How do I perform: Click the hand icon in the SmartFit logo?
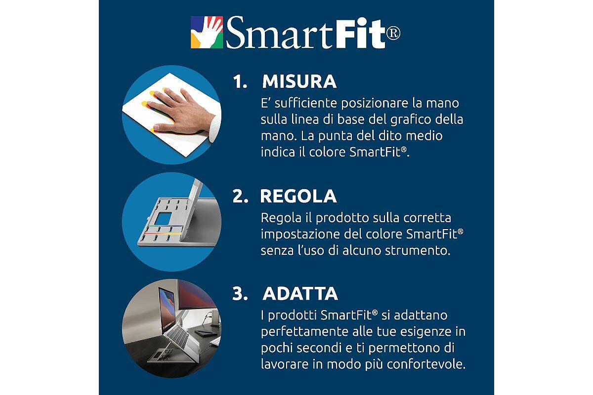207,32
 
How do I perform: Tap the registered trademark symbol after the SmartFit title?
393,34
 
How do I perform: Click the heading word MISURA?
299,81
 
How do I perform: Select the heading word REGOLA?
298,196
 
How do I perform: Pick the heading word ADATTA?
300,293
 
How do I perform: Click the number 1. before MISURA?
240,81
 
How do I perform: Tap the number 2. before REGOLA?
240,196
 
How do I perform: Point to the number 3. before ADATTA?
240,293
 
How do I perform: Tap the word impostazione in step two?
302,234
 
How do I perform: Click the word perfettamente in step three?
304,332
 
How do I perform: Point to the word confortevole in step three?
426,364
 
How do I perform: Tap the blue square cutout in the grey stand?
164,219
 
